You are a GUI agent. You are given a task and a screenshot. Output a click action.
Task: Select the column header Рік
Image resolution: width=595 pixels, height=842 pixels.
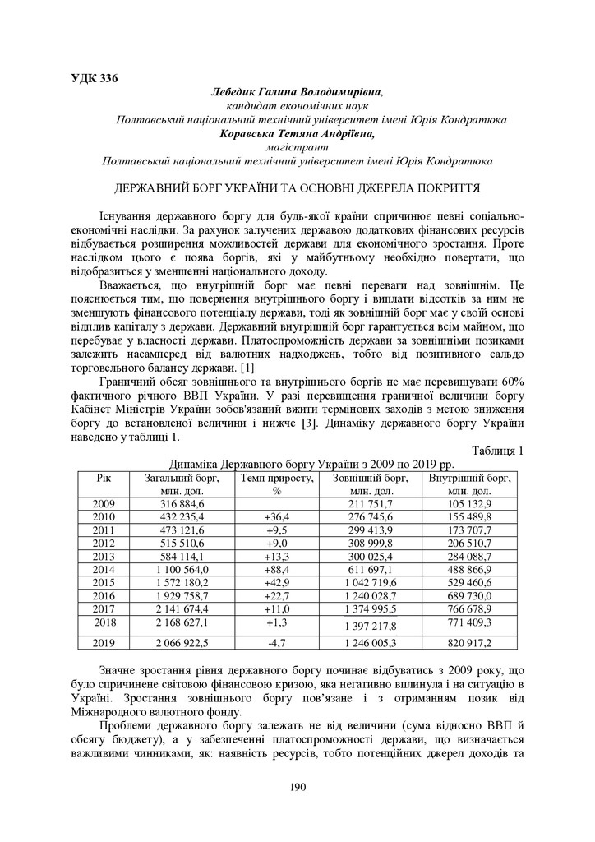point(103,478)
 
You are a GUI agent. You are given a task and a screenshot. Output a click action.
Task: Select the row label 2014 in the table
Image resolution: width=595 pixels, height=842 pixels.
point(104,569)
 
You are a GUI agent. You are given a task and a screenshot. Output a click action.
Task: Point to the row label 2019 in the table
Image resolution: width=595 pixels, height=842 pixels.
point(104,642)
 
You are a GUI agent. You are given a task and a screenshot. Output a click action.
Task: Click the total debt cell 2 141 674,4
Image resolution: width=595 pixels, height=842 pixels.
point(175,608)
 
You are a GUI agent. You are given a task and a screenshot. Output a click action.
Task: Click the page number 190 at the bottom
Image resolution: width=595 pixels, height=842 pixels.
point(297,787)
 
